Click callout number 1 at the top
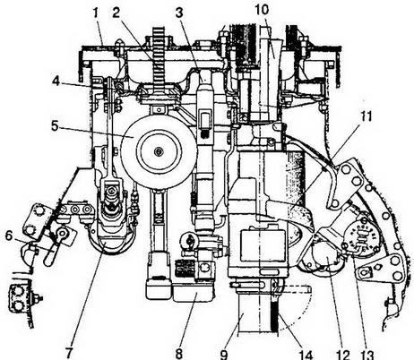pyautogui.click(x=95, y=13)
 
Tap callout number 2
pyautogui.click(x=116, y=13)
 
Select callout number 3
pyautogui.click(x=179, y=13)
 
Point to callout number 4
pyautogui.click(x=56, y=81)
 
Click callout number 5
pyautogui.click(x=55, y=125)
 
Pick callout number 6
pyautogui.click(x=9, y=236)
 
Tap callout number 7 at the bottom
pyautogui.click(x=69, y=354)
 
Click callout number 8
pyautogui.click(x=179, y=354)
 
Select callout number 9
pyautogui.click(x=224, y=354)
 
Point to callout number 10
pyautogui.click(x=262, y=9)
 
